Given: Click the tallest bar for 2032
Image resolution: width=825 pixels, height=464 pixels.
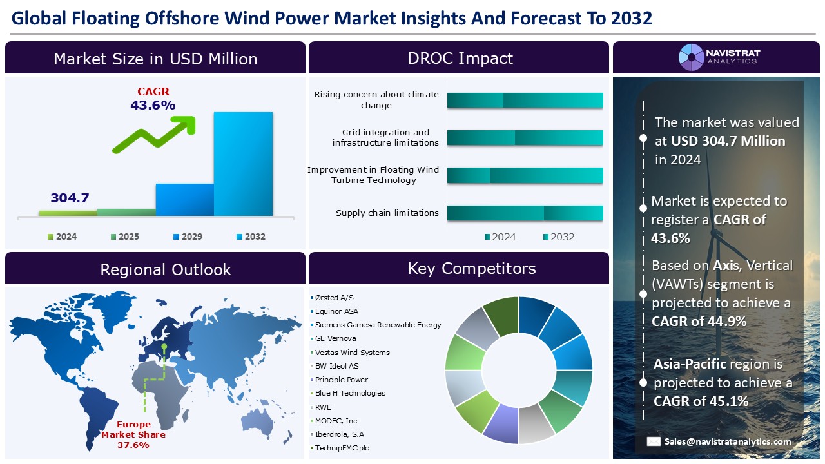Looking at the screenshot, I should tap(243, 164).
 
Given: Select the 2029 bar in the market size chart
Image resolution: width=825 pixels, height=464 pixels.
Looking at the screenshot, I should tap(184, 199).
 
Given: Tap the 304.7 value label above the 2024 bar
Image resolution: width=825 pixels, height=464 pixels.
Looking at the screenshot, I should tap(70, 198).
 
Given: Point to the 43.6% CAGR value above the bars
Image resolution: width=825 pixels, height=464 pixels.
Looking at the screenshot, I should tap(153, 105).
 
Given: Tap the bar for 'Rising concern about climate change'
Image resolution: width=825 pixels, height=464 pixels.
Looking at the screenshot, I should tap(525, 100).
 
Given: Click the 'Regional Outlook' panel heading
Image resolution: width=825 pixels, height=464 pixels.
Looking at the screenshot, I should tap(165, 269).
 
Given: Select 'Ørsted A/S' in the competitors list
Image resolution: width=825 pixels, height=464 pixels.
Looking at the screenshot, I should tap(334, 298).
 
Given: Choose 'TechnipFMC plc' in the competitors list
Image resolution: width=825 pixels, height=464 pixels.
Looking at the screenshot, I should tap(342, 448).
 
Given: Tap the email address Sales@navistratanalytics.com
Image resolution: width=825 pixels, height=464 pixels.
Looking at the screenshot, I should tap(728, 441).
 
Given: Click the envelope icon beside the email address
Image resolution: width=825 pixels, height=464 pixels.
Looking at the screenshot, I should tap(654, 441).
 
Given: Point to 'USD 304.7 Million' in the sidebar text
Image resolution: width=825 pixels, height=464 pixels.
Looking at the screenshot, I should tap(728, 140).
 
